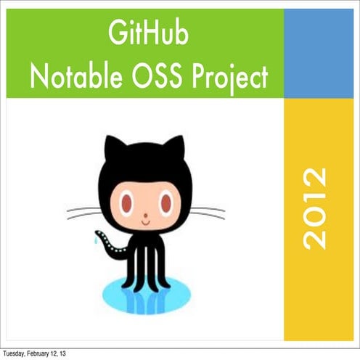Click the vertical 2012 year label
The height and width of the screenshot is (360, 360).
click(314, 208)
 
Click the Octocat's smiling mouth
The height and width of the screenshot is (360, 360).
click(147, 221)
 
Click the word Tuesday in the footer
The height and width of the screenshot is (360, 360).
click(13, 353)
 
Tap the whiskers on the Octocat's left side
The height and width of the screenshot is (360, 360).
click(83, 213)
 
